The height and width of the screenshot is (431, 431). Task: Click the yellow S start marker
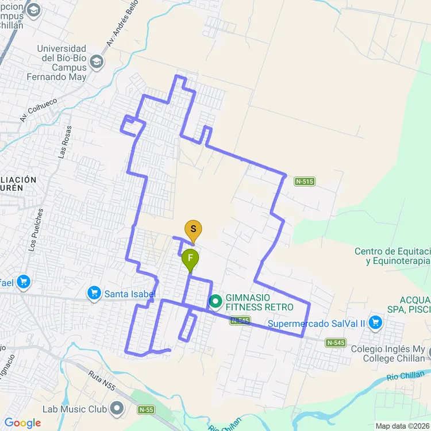[x=193, y=230]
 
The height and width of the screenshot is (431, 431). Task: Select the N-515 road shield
[x=305, y=182]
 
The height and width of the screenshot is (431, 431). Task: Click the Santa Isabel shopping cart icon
[x=94, y=294]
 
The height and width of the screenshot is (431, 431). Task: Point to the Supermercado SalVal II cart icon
[x=376, y=322]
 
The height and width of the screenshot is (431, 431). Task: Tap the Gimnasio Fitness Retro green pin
[x=215, y=301]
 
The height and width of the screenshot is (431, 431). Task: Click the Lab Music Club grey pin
[x=118, y=409]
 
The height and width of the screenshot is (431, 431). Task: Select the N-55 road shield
[x=147, y=410]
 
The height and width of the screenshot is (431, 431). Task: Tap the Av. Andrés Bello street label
[x=122, y=27]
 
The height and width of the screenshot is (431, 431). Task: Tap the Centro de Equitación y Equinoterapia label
[x=392, y=256]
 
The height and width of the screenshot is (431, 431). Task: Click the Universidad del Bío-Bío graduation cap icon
[x=97, y=61]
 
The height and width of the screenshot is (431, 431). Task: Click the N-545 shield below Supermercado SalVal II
[x=336, y=343]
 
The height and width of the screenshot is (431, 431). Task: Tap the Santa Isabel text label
[x=130, y=294]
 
